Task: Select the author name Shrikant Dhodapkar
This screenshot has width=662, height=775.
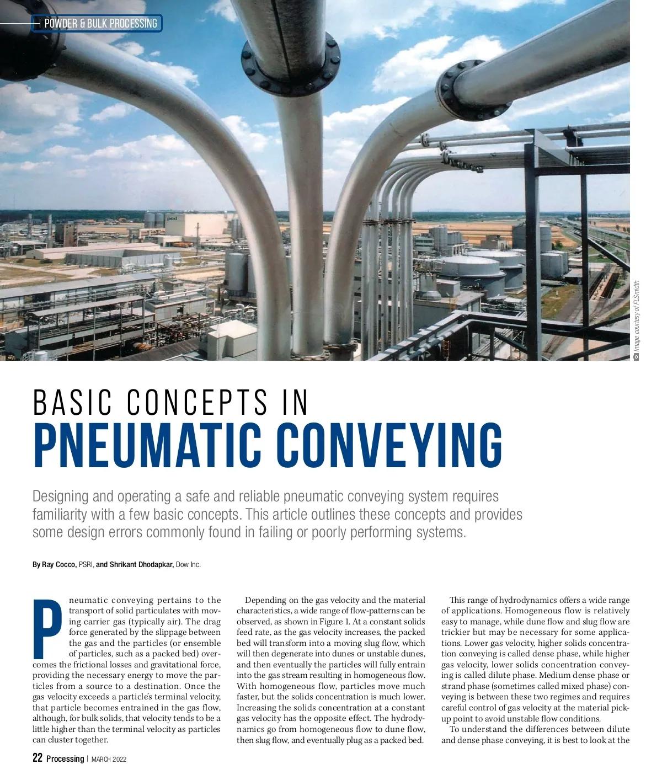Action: coord(142,564)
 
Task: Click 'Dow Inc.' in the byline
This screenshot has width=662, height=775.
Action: coord(188,564)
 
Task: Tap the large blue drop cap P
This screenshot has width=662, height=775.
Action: coord(48,628)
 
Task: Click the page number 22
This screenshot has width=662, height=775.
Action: coord(38,758)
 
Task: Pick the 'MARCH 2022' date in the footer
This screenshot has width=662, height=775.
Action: coord(109,759)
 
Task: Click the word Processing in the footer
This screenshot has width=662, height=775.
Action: coord(65,758)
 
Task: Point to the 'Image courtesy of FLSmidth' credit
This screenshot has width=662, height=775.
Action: coord(637,317)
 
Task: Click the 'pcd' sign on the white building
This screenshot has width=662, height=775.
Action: coord(172,219)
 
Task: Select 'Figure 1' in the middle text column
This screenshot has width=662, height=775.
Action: coord(331,622)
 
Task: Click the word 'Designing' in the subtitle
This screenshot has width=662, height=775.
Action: coord(60,496)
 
